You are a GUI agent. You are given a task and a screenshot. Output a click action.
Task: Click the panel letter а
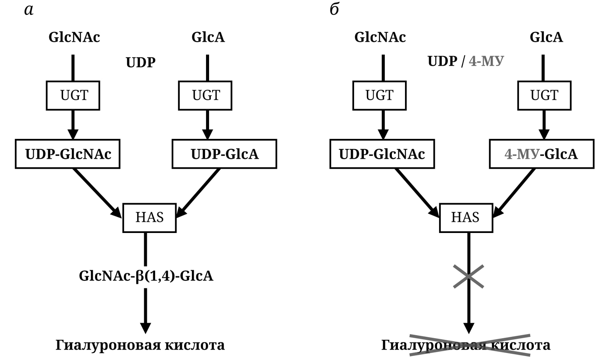coord(28,10)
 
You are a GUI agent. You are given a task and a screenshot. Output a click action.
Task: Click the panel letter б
coord(334,9)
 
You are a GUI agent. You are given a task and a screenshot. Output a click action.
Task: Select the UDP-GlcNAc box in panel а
coord(67,154)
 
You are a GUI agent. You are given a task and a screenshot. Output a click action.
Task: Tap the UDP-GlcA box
coord(224,154)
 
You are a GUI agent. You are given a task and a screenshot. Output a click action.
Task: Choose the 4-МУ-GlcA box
coord(541,154)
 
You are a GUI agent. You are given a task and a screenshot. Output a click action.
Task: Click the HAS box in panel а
coord(149,218)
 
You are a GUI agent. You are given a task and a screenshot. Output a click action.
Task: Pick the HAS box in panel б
coord(466,218)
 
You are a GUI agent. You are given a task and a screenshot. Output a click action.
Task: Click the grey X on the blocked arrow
coord(469,276)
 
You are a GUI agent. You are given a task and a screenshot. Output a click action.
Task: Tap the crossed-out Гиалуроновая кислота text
coord(466,345)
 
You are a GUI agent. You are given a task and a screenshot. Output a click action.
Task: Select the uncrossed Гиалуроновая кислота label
coord(140,345)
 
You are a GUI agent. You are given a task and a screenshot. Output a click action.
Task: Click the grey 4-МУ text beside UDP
coord(486,61)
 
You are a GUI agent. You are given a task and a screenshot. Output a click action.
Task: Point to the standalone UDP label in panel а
coord(140,63)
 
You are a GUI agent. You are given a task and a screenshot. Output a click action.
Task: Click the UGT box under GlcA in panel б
coord(544,95)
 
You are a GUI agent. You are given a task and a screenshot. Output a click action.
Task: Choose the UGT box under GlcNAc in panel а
coord(73,95)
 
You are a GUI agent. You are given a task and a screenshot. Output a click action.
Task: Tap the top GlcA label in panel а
coord(208,37)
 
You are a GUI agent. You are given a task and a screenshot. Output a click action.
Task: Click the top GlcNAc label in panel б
coord(380,37)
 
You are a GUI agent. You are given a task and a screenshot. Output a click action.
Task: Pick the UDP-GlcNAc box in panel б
coord(382,154)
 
